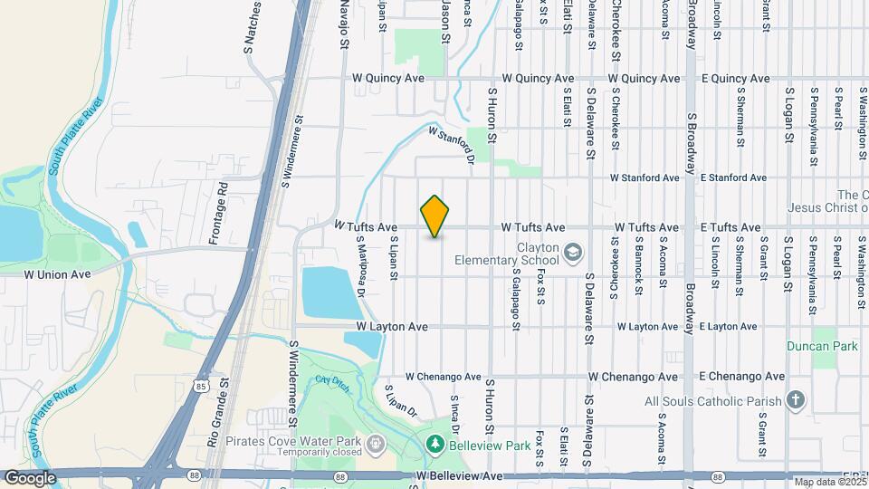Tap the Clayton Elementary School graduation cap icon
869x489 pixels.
pos(572,252)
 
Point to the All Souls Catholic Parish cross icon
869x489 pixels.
pos(795,400)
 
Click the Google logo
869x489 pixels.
pos(30,478)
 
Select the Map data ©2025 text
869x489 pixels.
pos(830,482)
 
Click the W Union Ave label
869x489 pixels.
pos(58,273)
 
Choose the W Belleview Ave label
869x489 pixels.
pos(459,475)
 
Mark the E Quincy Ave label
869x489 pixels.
pos(735,79)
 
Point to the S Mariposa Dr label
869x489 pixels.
pos(359,265)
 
